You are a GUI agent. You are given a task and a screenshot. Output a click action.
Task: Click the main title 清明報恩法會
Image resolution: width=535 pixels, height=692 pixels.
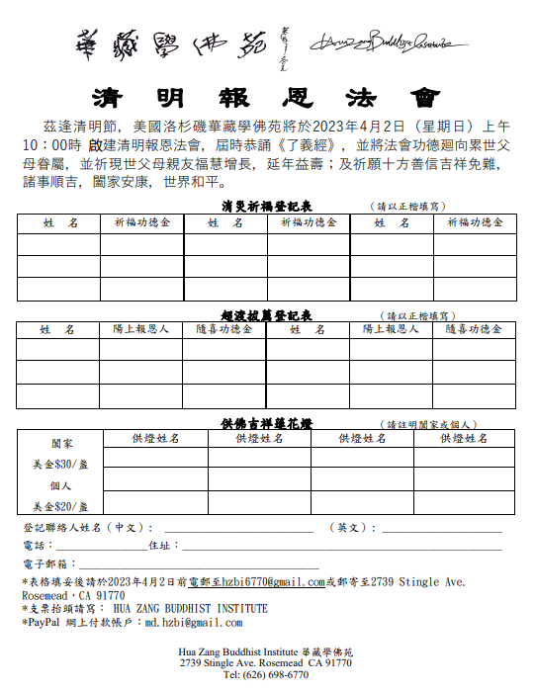click(x=266, y=98)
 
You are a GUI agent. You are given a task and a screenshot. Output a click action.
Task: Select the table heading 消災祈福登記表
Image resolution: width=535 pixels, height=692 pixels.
click(x=267, y=206)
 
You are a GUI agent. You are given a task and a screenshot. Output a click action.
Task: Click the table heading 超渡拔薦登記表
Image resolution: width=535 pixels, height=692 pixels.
click(x=267, y=315)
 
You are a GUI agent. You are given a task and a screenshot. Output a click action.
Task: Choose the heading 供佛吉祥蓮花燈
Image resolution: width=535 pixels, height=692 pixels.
click(x=267, y=423)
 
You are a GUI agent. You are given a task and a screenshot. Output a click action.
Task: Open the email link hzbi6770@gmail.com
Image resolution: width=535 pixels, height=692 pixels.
click(x=272, y=582)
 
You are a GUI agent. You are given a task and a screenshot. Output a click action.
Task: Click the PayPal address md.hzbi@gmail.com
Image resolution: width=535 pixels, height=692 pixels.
click(x=194, y=623)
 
